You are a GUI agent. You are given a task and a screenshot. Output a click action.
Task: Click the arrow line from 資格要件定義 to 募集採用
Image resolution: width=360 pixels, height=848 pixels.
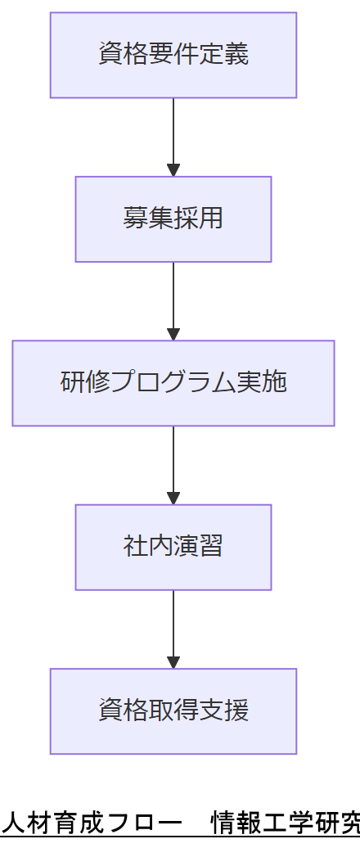click(x=173, y=131)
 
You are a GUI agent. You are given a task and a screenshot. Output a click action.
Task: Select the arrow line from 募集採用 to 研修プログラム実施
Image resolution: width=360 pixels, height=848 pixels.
click(x=173, y=295)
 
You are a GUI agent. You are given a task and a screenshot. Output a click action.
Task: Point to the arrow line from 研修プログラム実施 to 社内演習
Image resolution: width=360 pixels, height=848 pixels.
click(x=173, y=458)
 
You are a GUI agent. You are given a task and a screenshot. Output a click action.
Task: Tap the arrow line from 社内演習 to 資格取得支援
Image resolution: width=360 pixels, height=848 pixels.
click(x=173, y=622)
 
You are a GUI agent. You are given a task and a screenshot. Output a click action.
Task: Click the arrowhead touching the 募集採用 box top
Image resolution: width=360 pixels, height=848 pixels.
click(x=173, y=170)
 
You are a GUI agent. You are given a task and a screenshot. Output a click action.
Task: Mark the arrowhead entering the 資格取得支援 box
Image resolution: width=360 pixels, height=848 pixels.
click(x=173, y=662)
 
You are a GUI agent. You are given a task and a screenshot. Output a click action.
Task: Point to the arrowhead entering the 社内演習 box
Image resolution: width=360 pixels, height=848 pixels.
click(x=173, y=498)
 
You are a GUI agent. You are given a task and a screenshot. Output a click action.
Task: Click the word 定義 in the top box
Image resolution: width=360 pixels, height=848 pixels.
click(x=223, y=55)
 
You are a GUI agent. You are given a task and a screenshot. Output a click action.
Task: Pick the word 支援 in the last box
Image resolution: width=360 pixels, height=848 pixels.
click(x=223, y=710)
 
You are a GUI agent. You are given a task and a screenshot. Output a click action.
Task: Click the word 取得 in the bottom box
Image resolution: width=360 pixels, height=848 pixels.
click(x=173, y=710)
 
